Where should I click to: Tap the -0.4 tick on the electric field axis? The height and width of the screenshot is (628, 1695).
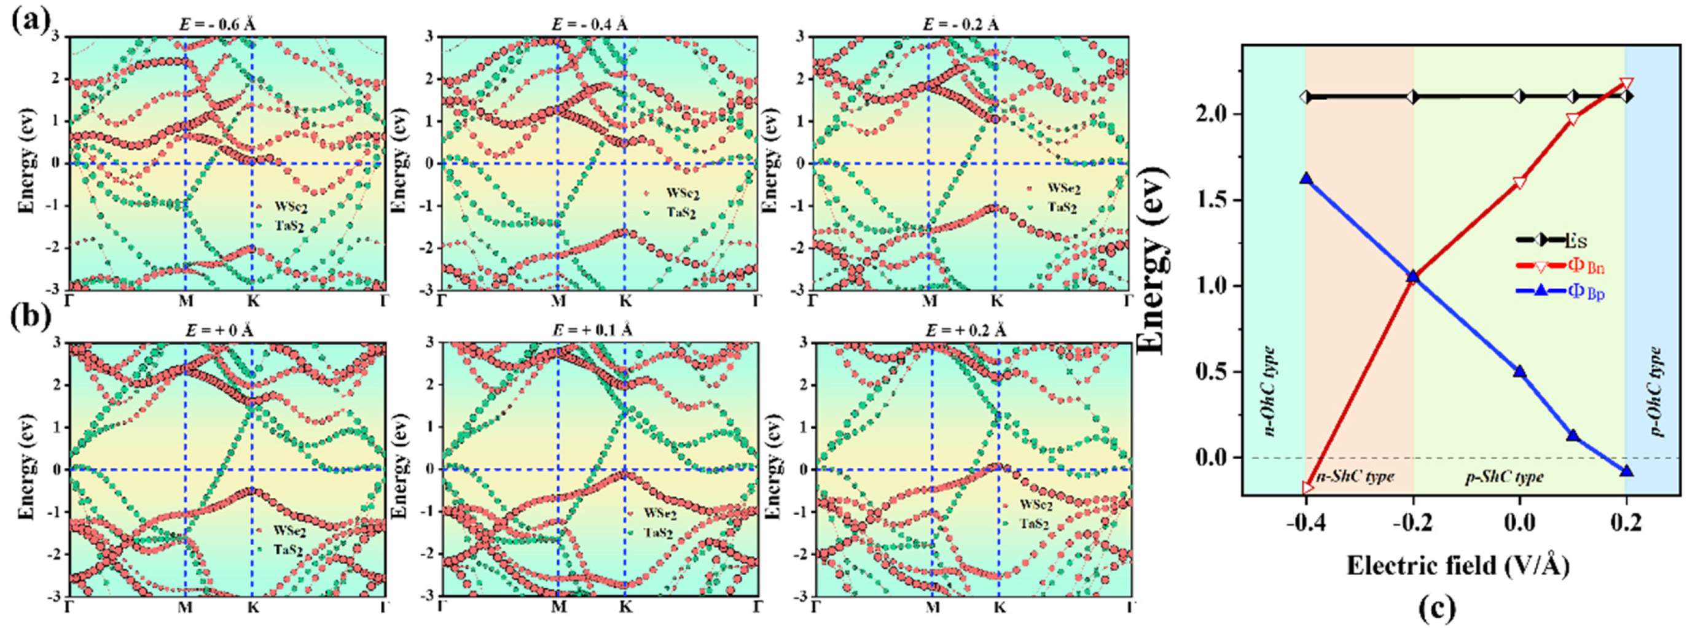pos(1305,524)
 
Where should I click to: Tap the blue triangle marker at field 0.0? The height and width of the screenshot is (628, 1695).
pos(1519,371)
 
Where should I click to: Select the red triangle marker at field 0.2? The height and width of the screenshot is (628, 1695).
pos(1626,83)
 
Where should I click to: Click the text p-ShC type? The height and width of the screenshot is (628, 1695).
pos(1503,477)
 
